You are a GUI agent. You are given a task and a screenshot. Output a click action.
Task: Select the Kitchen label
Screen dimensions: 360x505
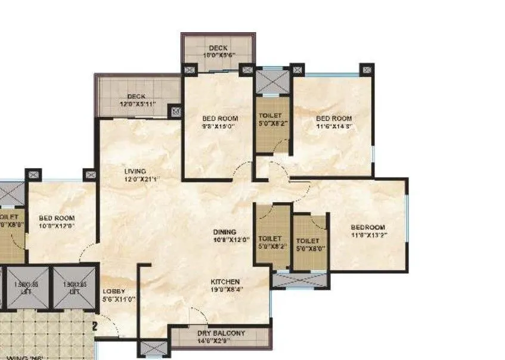coord(225,281)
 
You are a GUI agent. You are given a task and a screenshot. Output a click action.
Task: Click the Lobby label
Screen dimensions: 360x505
coord(113,291)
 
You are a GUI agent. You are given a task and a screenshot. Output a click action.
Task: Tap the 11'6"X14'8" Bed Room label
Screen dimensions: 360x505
coord(333,118)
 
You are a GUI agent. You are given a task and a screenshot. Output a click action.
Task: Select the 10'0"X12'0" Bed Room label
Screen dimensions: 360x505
coord(57,218)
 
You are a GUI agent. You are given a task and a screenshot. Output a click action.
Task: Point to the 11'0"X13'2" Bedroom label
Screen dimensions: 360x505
coord(368,227)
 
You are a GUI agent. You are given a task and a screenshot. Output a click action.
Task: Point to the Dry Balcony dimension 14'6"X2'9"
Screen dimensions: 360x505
coord(221,342)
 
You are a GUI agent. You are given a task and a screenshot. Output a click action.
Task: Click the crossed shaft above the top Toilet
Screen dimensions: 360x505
coord(272,82)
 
